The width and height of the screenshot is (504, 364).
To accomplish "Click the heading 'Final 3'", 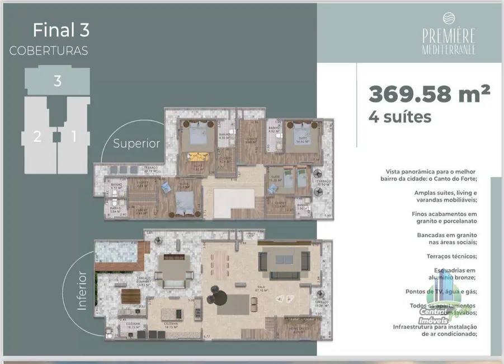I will (61, 29).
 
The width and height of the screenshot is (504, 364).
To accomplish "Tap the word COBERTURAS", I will (49, 50).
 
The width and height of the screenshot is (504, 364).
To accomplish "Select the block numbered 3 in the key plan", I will (57, 81).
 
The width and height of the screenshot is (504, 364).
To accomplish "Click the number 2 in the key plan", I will (37, 136).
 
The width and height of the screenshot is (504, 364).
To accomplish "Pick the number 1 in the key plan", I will (73, 136).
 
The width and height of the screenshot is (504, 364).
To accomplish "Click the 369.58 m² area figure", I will (429, 93).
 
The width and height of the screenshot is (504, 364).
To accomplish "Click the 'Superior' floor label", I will (136, 143).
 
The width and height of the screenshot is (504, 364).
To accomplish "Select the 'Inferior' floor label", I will (82, 291).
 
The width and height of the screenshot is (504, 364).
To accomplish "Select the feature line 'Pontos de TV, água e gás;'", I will (441, 292).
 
